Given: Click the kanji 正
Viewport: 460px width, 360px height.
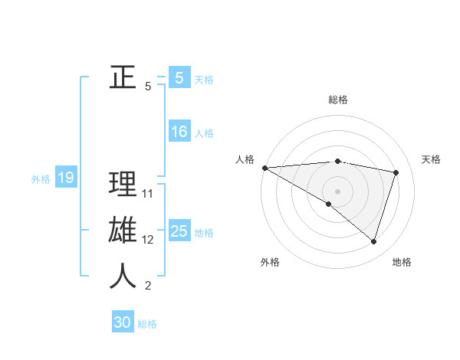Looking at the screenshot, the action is pos(123,77).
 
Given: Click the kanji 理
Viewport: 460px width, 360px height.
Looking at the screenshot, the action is pos(123,185).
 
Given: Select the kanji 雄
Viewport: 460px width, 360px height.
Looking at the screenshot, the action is pos(123,231).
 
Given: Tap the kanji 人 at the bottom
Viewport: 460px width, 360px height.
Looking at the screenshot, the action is pos(123,277).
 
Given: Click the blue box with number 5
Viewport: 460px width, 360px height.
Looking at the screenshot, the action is pos(179,77).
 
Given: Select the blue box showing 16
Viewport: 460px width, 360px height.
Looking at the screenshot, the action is pos(179,132).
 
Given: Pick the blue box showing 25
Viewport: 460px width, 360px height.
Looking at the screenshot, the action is pos(179,231).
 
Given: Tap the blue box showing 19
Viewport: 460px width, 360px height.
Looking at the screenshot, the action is pos(65,178).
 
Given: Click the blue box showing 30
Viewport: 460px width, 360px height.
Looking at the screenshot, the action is pos(123,322).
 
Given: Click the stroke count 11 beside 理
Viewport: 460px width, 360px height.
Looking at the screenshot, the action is pos(148,194).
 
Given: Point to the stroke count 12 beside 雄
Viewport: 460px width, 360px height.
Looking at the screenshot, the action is pos(148,240).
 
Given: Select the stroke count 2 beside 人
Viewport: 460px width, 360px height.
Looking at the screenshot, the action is pos(148,286).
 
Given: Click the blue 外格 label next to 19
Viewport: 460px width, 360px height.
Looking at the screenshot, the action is pos(41,179).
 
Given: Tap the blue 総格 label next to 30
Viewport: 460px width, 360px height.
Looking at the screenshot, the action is pos(147,323).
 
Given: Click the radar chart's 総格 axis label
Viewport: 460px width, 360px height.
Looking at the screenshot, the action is pos(337,100).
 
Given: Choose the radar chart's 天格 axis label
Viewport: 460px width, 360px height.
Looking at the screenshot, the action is pos(432,159).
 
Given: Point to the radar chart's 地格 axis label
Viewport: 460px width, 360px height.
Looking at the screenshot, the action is pos(402,262).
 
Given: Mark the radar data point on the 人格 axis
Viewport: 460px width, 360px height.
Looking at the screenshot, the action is pos(264,167).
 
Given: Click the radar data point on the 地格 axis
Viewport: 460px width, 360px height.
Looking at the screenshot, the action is pos(373,241).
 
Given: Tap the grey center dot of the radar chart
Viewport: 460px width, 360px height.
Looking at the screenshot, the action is pos(337,190).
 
